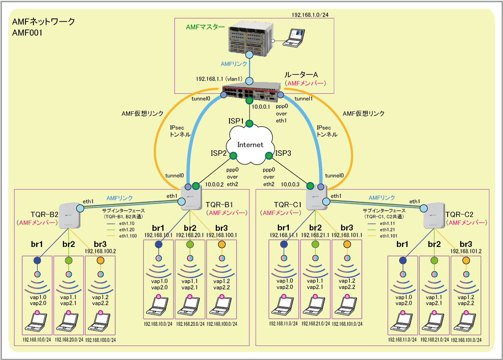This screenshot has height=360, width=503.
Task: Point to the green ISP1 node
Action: point(249,124)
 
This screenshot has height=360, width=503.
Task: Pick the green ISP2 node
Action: point(233,156)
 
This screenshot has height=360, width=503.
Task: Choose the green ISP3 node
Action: point(269,156)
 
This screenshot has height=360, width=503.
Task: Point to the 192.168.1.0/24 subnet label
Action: point(310,15)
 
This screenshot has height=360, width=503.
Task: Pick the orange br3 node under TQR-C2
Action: point(466,260)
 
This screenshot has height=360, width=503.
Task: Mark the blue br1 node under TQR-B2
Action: point(37,260)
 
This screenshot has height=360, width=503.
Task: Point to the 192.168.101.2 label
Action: point(466,251)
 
